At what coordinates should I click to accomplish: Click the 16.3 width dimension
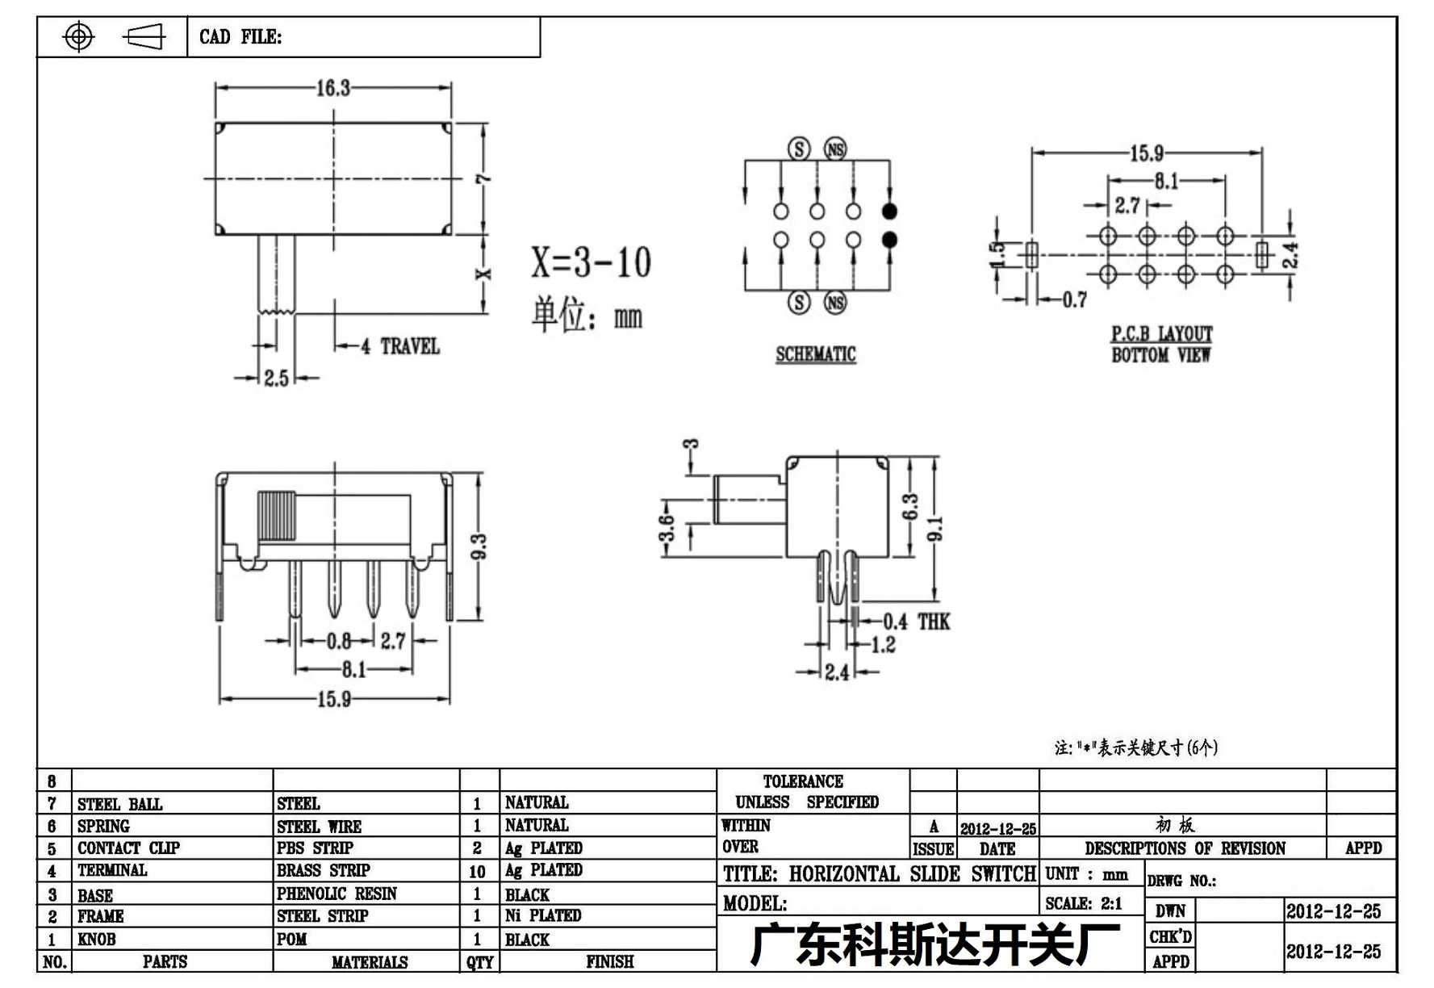[x=332, y=88]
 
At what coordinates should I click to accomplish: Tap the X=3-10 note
[x=591, y=262]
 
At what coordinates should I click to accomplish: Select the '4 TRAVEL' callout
[x=400, y=346]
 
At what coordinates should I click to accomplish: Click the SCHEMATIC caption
[x=816, y=354]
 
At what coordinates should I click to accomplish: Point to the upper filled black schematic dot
[x=889, y=211]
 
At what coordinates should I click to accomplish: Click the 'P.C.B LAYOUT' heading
[x=1162, y=333]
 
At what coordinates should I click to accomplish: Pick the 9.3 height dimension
[x=478, y=546]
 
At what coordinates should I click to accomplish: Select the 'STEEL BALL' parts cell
[x=119, y=804]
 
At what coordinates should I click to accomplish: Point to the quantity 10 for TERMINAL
[x=477, y=872]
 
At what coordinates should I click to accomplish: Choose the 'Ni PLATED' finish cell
[x=543, y=915]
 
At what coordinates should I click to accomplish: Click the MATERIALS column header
[x=370, y=962]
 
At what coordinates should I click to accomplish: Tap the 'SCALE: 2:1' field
[x=1083, y=904]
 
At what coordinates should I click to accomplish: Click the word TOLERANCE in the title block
[x=803, y=781]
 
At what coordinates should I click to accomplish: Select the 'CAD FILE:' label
[x=240, y=37]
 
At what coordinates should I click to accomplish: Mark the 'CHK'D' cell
[x=1170, y=937]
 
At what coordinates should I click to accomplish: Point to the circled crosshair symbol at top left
[x=78, y=36]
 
